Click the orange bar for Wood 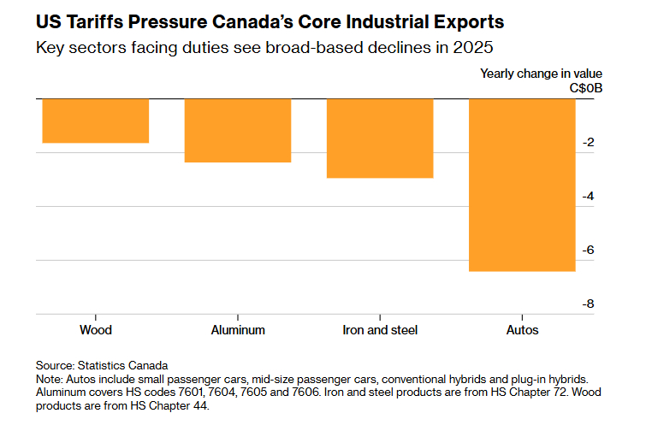pyautogui.click(x=95, y=121)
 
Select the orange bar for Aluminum pyautogui.click(x=238, y=130)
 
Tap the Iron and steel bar pyautogui.click(x=380, y=139)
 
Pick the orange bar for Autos pyautogui.click(x=522, y=185)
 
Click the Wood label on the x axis pyautogui.click(x=95, y=329)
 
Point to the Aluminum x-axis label pyautogui.click(x=238, y=329)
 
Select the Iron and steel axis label pyautogui.click(x=380, y=329)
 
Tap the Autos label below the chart pyautogui.click(x=522, y=329)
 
